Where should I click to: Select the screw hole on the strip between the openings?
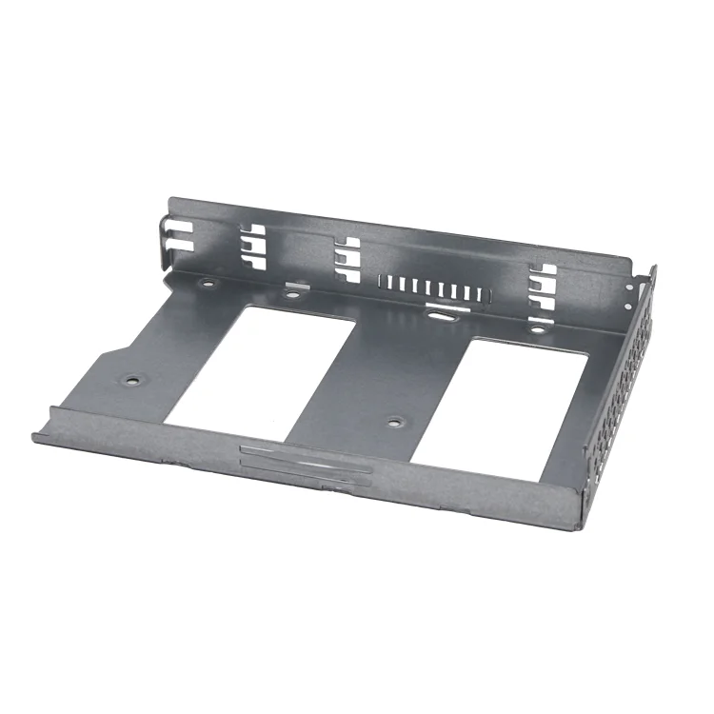[x=393, y=420]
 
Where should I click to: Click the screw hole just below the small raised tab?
[x=291, y=294]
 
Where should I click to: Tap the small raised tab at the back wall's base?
[x=297, y=284]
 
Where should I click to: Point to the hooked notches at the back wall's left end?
[x=172, y=234]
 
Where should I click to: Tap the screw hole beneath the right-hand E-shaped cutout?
[x=538, y=329]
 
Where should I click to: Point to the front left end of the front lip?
[x=38, y=435]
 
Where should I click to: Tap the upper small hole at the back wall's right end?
[x=629, y=281]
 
